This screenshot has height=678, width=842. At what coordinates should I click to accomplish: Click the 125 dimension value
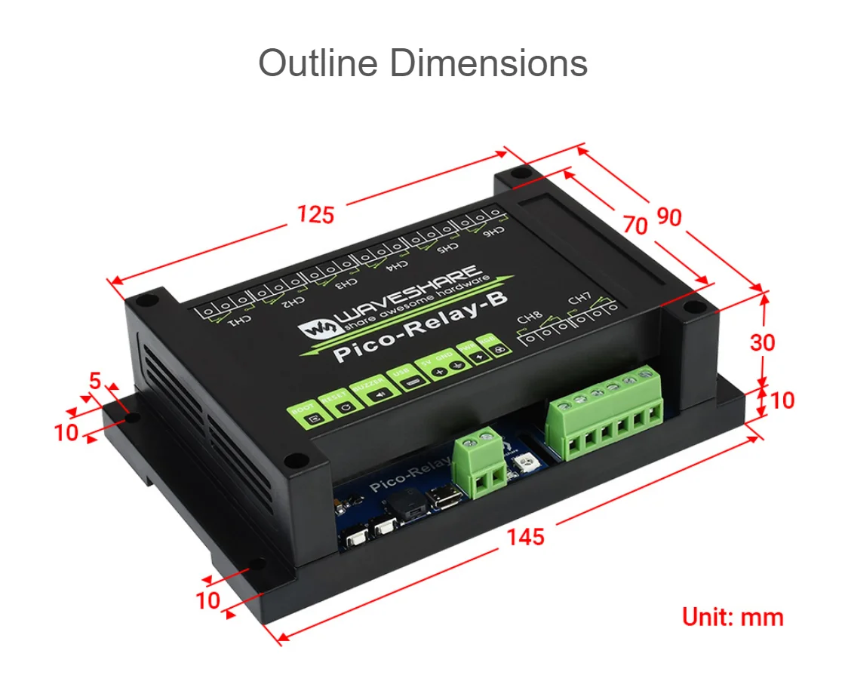coord(315,215)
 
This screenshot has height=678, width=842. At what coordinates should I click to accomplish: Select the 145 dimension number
coord(525,537)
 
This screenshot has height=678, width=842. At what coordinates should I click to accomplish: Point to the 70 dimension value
coord(635,225)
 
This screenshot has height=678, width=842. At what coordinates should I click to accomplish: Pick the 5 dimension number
coord(95,382)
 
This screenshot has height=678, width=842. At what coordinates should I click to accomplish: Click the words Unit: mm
coord(733,617)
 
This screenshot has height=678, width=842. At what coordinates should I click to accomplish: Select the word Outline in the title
coord(318,63)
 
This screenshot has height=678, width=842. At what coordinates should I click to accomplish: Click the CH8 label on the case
coord(530,320)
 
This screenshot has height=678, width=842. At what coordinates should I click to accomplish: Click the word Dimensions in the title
coord(488,63)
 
